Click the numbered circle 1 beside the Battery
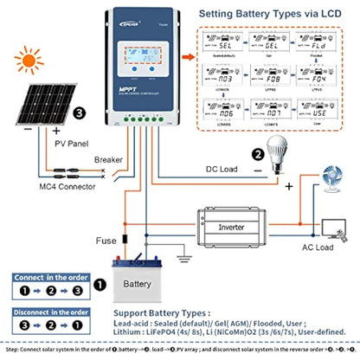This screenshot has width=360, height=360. pyautogui.click(x=100, y=283)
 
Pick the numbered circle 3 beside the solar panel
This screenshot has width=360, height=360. pyautogui.click(x=80, y=112)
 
